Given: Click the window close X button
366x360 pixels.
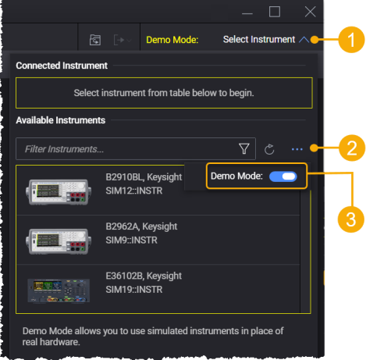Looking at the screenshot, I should coord(310,12).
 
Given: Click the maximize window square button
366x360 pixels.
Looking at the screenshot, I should coord(275,12).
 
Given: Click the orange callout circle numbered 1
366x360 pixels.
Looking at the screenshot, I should coord(351,38).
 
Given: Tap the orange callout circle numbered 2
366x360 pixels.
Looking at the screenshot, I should coord(351,146).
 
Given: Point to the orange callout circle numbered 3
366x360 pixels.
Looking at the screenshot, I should coord(351,216).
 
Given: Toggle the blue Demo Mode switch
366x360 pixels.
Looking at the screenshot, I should coord(282,178).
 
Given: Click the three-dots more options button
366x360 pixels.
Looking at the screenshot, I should coord(297,148).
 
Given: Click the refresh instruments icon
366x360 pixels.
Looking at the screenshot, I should coord(270,148).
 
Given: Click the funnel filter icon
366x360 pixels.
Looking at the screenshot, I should coord(243,148).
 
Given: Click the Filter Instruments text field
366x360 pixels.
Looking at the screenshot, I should coord(125,148).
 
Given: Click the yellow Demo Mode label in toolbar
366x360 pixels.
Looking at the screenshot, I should coord(172,39).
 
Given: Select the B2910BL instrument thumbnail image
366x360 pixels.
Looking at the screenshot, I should coord(57,189).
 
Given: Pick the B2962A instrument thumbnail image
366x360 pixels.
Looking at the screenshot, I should coord(57,239).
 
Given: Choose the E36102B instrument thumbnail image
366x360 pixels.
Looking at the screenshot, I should coord(57,287).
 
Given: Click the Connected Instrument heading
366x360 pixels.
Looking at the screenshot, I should coord(62,66).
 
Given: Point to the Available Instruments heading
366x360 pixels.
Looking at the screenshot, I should coord(61,120).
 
